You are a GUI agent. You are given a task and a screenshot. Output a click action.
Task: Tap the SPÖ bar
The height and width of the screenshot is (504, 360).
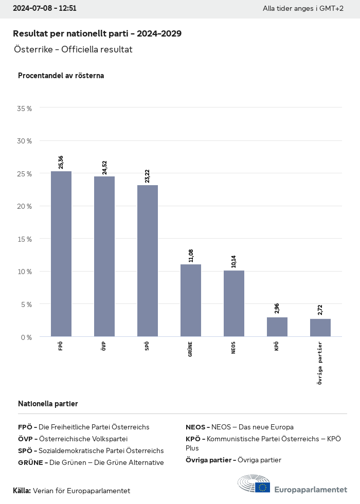coord(148,261)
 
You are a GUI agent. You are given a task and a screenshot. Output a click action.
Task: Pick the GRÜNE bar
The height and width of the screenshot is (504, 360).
coord(191,300)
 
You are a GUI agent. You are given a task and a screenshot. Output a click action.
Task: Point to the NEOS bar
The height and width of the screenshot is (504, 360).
coord(234,303)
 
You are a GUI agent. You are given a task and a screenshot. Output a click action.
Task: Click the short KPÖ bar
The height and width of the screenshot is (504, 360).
coord(277,327)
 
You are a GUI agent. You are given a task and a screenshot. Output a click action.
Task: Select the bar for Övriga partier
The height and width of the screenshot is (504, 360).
coord(320,328)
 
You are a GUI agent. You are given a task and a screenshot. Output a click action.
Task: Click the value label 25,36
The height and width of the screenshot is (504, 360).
coord(61,162)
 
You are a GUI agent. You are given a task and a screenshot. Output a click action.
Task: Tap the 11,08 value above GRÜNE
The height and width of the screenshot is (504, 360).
coord(191,255)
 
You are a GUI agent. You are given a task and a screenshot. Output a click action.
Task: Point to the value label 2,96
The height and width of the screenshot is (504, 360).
coord(277,309)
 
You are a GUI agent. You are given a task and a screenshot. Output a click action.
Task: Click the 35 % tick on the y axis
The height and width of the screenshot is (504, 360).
coord(25,109)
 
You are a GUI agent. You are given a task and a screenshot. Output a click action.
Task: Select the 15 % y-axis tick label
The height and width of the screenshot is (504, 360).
coord(25,239)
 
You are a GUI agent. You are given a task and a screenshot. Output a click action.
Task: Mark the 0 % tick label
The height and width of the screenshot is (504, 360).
coord(26,337)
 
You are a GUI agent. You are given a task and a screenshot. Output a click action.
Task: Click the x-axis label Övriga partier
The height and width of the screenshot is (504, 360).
coord(320,363)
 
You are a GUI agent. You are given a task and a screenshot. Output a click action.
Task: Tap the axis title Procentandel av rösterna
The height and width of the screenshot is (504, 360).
coord(61,76)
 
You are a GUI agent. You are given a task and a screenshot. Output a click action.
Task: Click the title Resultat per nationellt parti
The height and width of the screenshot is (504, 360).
coord(97,33)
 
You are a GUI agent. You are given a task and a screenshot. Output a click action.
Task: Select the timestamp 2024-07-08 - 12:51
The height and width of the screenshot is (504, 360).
coord(45,9)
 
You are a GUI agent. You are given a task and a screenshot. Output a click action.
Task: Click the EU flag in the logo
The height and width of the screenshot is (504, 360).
coord(262,488)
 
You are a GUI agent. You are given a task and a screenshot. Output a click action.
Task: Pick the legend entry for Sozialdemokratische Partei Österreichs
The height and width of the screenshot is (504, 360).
coord(91,451)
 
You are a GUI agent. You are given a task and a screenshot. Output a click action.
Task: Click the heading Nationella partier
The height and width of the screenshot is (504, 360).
coord(48,404)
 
